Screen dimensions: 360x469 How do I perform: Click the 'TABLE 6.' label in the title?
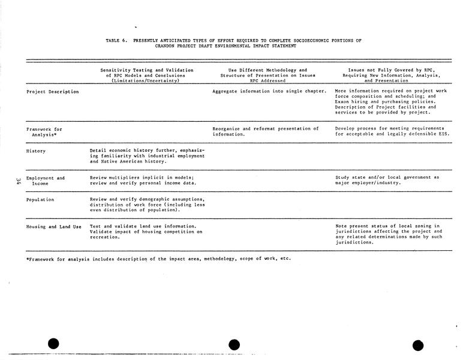pyautogui.click(x=116, y=40)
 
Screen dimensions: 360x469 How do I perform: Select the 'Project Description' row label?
pyautogui.click(x=53, y=91)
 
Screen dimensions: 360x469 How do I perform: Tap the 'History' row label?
pyautogui.click(x=36, y=151)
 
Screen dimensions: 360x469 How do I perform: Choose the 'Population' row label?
pyautogui.click(x=40, y=199)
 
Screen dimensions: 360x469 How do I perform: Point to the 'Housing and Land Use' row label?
pyautogui.click(x=54, y=226)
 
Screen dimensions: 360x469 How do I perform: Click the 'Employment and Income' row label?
pyautogui.click(x=46, y=181)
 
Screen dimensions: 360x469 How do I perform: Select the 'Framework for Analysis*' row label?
pyautogui.click(x=44, y=131)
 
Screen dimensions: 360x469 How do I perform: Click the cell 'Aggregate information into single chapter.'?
pyautogui.click(x=269, y=91)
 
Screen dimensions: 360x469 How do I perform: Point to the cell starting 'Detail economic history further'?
pyautogui.click(x=147, y=156)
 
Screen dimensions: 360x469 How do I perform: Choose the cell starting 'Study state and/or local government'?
pyautogui.click(x=387, y=180)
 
